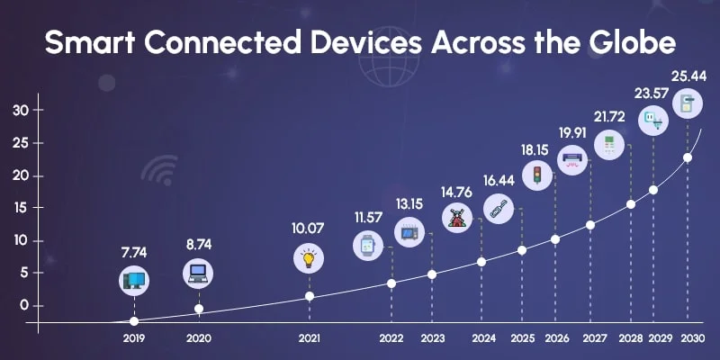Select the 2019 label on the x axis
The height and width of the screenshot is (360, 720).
click(134, 339)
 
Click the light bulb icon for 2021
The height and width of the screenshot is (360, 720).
click(309, 260)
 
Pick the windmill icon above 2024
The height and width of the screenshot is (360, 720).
click(457, 218)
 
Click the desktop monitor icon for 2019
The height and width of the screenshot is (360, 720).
click(134, 282)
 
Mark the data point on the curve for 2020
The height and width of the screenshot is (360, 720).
click(199, 309)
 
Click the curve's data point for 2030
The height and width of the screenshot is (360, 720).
click(688, 157)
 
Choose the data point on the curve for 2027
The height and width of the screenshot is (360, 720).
click(590, 224)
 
